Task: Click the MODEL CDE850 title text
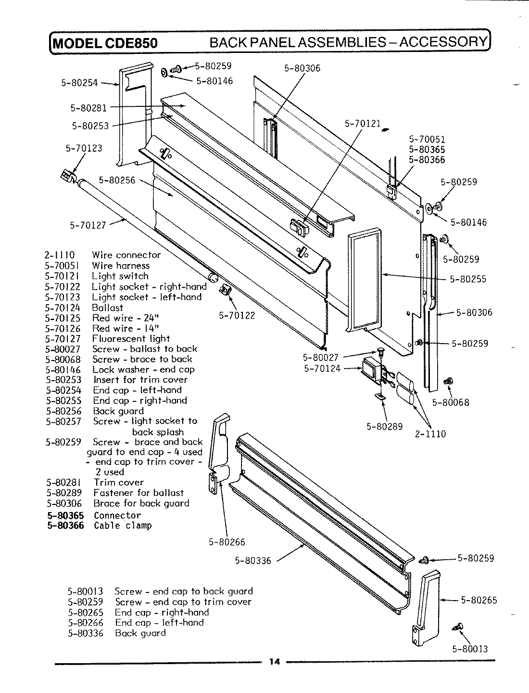coord(105,43)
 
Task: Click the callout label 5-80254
coord(79,82)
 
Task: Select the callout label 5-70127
coord(88,225)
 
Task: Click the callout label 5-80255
coord(468,279)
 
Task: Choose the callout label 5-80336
coord(253,561)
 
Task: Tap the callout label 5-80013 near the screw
coord(470,649)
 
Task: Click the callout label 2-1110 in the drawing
coord(430,434)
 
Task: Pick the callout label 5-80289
coord(384,426)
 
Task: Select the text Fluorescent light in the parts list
coord(131,339)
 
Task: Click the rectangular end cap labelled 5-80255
coord(363,279)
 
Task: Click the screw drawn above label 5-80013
coord(457,628)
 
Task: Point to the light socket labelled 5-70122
coord(224,290)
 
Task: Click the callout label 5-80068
coord(450,402)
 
